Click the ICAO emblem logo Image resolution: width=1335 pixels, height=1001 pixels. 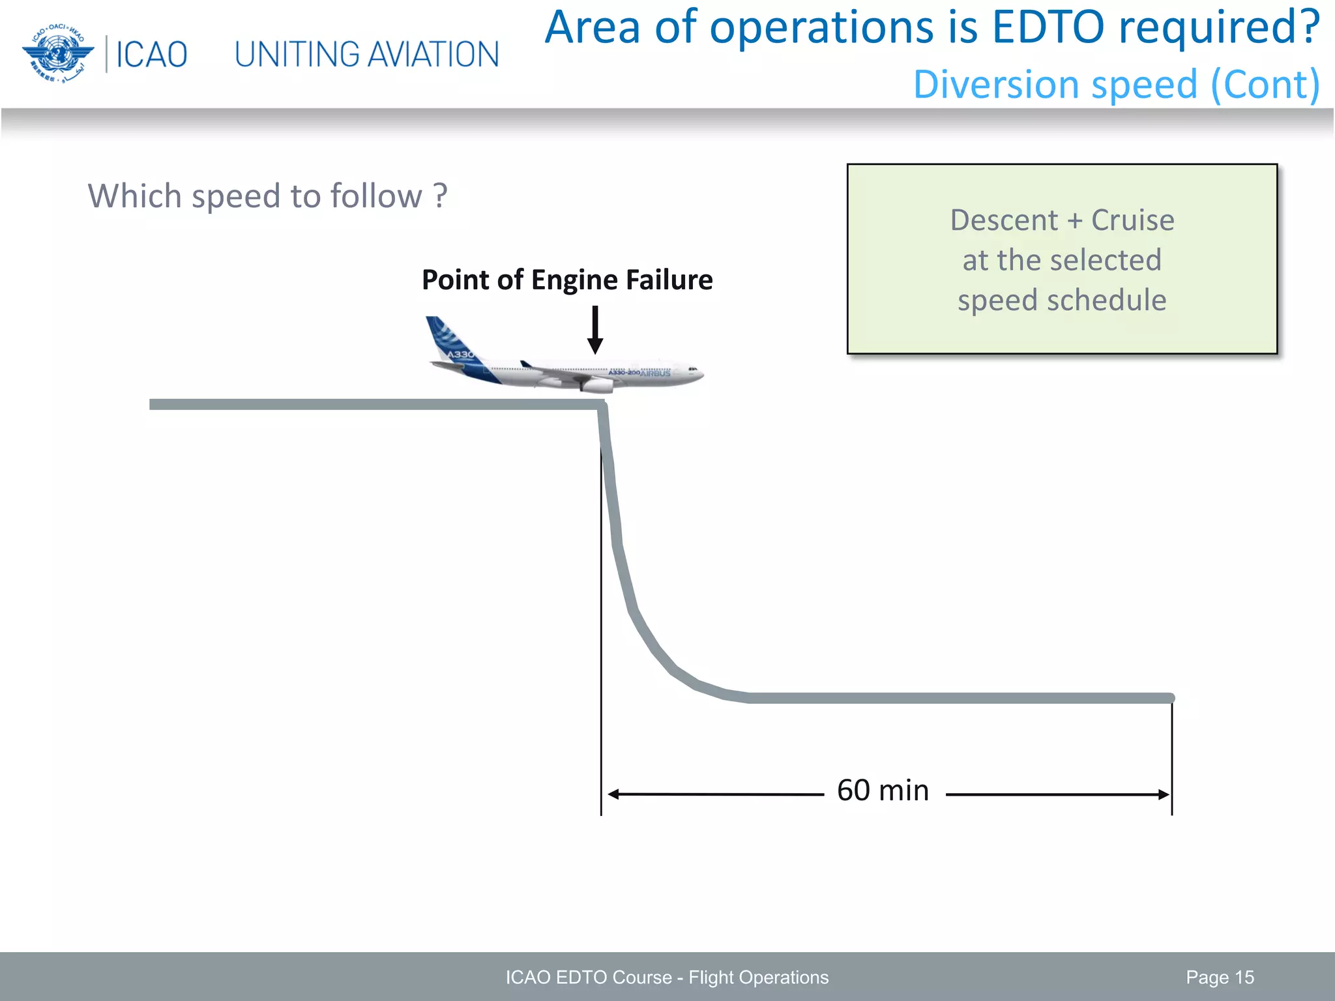point(57,53)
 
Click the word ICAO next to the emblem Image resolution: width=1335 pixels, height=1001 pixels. point(151,55)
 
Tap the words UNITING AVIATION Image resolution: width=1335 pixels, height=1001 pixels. point(366,55)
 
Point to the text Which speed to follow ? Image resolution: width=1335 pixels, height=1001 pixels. point(267,196)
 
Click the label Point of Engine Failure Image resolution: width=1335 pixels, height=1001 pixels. point(566,280)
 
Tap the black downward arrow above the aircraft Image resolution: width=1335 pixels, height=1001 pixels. point(594,331)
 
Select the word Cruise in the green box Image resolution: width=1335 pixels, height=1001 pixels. point(1132,220)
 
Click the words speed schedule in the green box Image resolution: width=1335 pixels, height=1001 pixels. point(1061,300)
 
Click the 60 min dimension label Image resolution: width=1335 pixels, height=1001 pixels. point(883,791)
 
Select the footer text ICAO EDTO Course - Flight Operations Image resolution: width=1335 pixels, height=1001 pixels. point(667,977)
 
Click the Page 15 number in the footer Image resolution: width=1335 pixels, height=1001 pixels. point(1220,977)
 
